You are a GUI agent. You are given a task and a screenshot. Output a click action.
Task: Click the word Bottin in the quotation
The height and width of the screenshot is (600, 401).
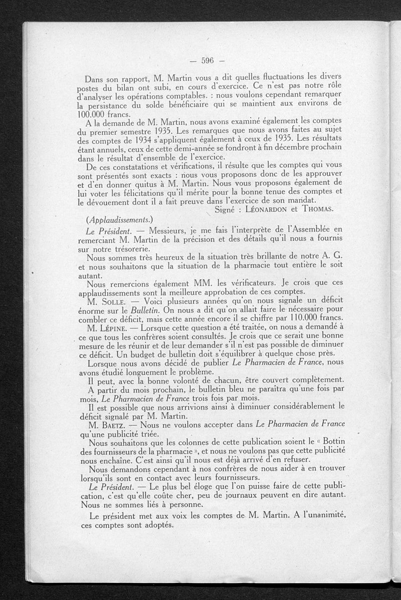(x=329, y=442)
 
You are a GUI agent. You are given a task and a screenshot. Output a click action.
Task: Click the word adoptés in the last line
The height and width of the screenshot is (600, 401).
(x=157, y=525)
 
